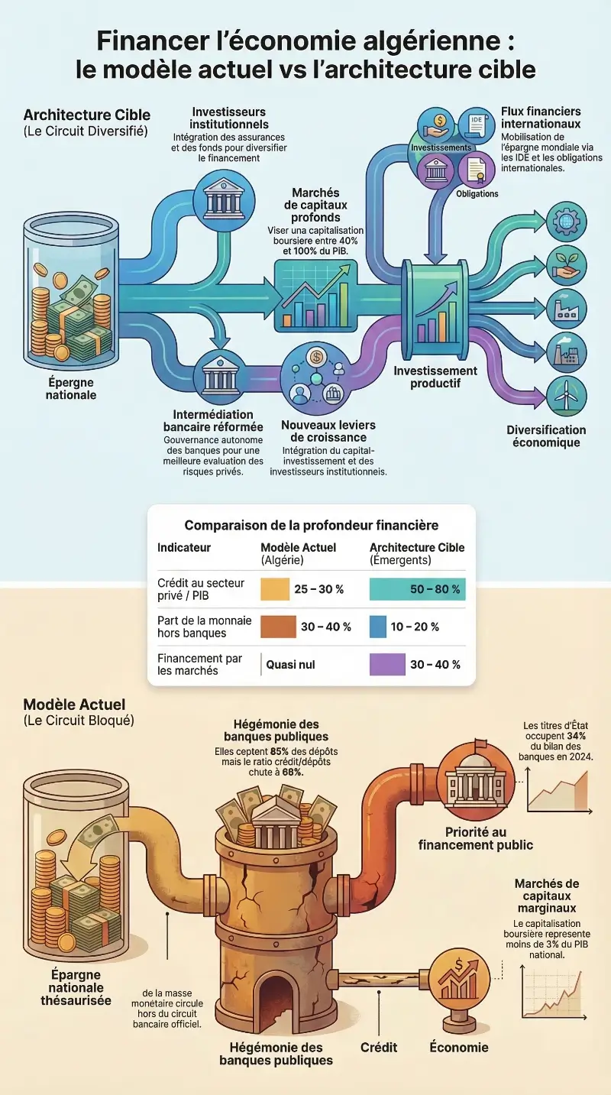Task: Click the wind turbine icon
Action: pos(566,395)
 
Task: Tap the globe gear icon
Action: pos(566,221)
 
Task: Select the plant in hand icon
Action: pos(566,264)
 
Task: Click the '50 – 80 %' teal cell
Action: pos(417,589)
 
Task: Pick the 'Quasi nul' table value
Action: pos(290,665)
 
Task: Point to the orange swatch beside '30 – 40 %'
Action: pos(278,627)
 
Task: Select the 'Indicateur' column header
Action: pos(184,548)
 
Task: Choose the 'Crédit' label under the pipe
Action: pos(379,1047)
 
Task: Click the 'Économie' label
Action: pos(458,1047)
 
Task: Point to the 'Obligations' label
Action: pos(477,193)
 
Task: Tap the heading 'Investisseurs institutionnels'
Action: pos(230,118)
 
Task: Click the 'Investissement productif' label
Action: pos(435,377)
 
